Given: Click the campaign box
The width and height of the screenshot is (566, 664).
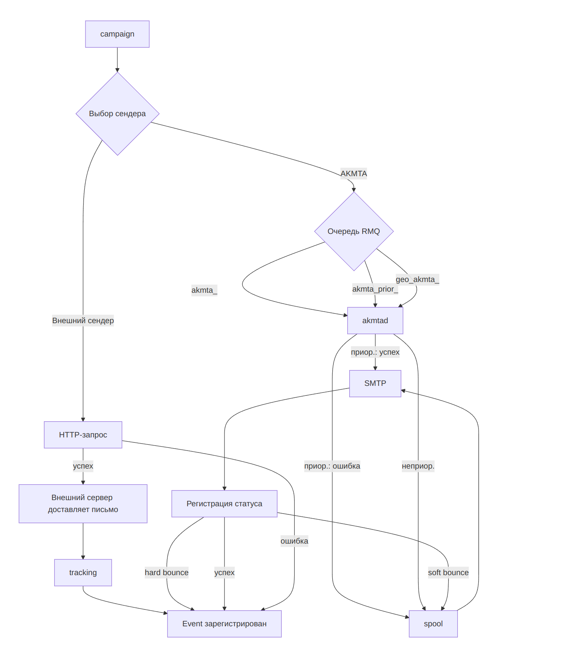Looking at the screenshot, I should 117,34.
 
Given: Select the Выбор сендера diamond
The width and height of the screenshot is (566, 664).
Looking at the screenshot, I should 117,114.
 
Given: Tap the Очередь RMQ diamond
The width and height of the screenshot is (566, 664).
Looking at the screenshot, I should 353,232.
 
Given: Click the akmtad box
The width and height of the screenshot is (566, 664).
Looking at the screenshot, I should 375,320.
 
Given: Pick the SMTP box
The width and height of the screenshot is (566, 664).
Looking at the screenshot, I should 375,384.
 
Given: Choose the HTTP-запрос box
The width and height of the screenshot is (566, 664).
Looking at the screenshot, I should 83,435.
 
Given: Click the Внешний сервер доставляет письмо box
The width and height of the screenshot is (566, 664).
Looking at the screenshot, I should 83,504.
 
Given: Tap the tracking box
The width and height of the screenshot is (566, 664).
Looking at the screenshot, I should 83,572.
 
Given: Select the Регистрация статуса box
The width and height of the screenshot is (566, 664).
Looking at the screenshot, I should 224,504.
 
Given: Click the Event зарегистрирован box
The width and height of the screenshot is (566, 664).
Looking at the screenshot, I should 224,624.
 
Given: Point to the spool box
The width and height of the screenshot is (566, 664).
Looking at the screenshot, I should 433,624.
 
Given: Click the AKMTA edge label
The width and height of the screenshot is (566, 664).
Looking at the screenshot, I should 353,174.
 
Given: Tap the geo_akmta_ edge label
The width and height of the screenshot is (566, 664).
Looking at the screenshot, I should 417,279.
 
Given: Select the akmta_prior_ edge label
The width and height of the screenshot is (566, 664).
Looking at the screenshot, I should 375,289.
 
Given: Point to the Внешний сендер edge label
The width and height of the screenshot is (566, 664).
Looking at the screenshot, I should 83,320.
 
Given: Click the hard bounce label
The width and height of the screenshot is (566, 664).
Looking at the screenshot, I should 166,572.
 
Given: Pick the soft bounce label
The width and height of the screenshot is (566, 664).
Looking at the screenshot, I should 448,572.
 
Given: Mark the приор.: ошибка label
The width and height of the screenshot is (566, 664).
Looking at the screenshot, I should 332,466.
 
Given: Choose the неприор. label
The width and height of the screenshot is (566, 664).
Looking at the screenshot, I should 418,466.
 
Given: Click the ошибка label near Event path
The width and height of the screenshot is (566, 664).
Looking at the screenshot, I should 294,541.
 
